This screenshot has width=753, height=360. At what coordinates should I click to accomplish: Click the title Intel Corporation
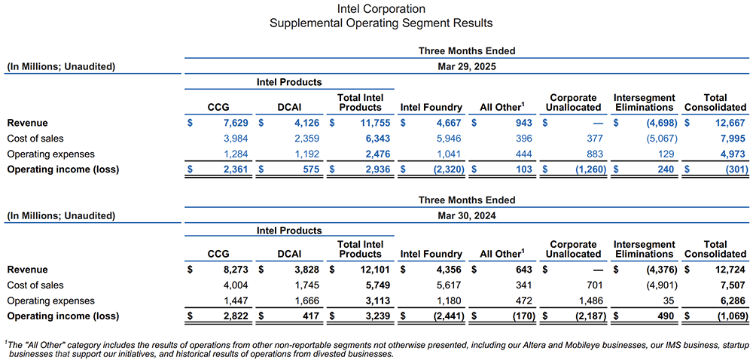click(x=381, y=9)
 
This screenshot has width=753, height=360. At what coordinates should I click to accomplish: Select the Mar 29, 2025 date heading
click(x=467, y=66)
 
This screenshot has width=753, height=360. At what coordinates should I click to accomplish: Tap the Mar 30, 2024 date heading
click(x=467, y=215)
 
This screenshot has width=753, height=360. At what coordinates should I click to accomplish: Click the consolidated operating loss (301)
click(x=732, y=170)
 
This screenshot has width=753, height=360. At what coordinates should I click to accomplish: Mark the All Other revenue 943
click(x=523, y=123)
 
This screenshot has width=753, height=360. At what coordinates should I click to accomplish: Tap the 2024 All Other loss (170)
click(x=520, y=317)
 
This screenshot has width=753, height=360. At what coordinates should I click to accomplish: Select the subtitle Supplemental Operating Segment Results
click(x=381, y=23)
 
